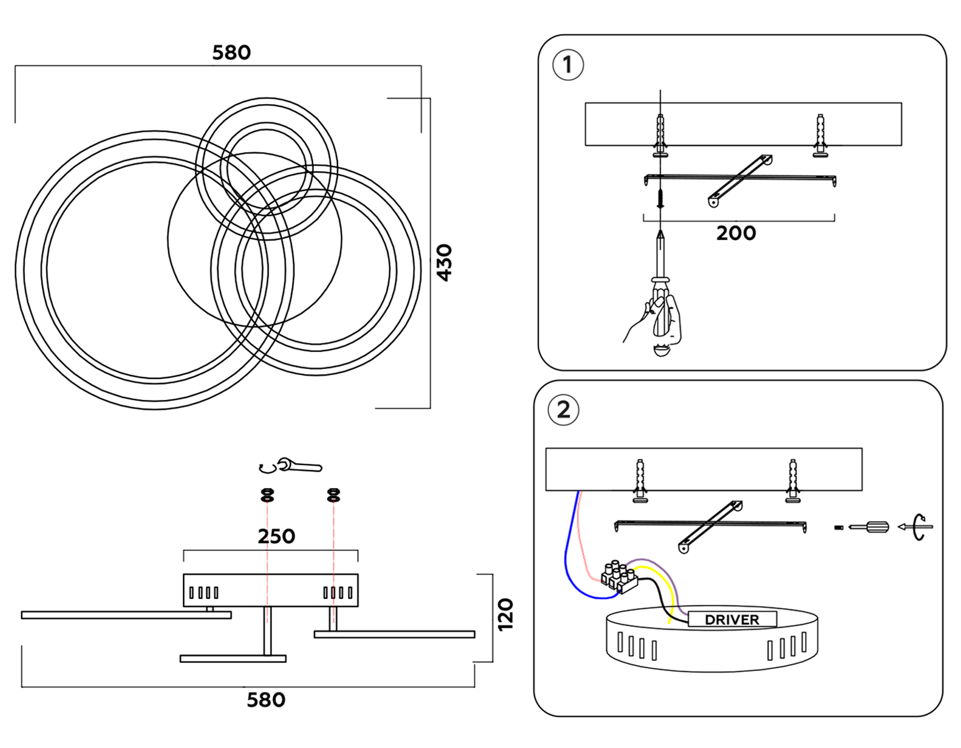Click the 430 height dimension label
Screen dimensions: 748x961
click(x=444, y=262)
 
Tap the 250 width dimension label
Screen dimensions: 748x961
click(x=276, y=536)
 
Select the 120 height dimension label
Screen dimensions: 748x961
click(x=505, y=614)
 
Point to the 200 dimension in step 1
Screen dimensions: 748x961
click(x=736, y=233)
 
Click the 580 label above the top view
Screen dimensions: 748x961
click(x=231, y=53)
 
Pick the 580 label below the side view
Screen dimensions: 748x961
click(x=266, y=700)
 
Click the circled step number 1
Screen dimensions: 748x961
click(x=568, y=65)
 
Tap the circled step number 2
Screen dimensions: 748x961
click(x=563, y=410)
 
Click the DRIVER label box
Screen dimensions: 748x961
click(x=732, y=620)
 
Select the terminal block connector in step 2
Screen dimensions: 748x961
click(x=619, y=578)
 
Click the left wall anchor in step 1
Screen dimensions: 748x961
click(x=660, y=134)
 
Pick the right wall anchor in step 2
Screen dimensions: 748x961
click(x=793, y=479)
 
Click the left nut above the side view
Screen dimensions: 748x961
click(x=267, y=495)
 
